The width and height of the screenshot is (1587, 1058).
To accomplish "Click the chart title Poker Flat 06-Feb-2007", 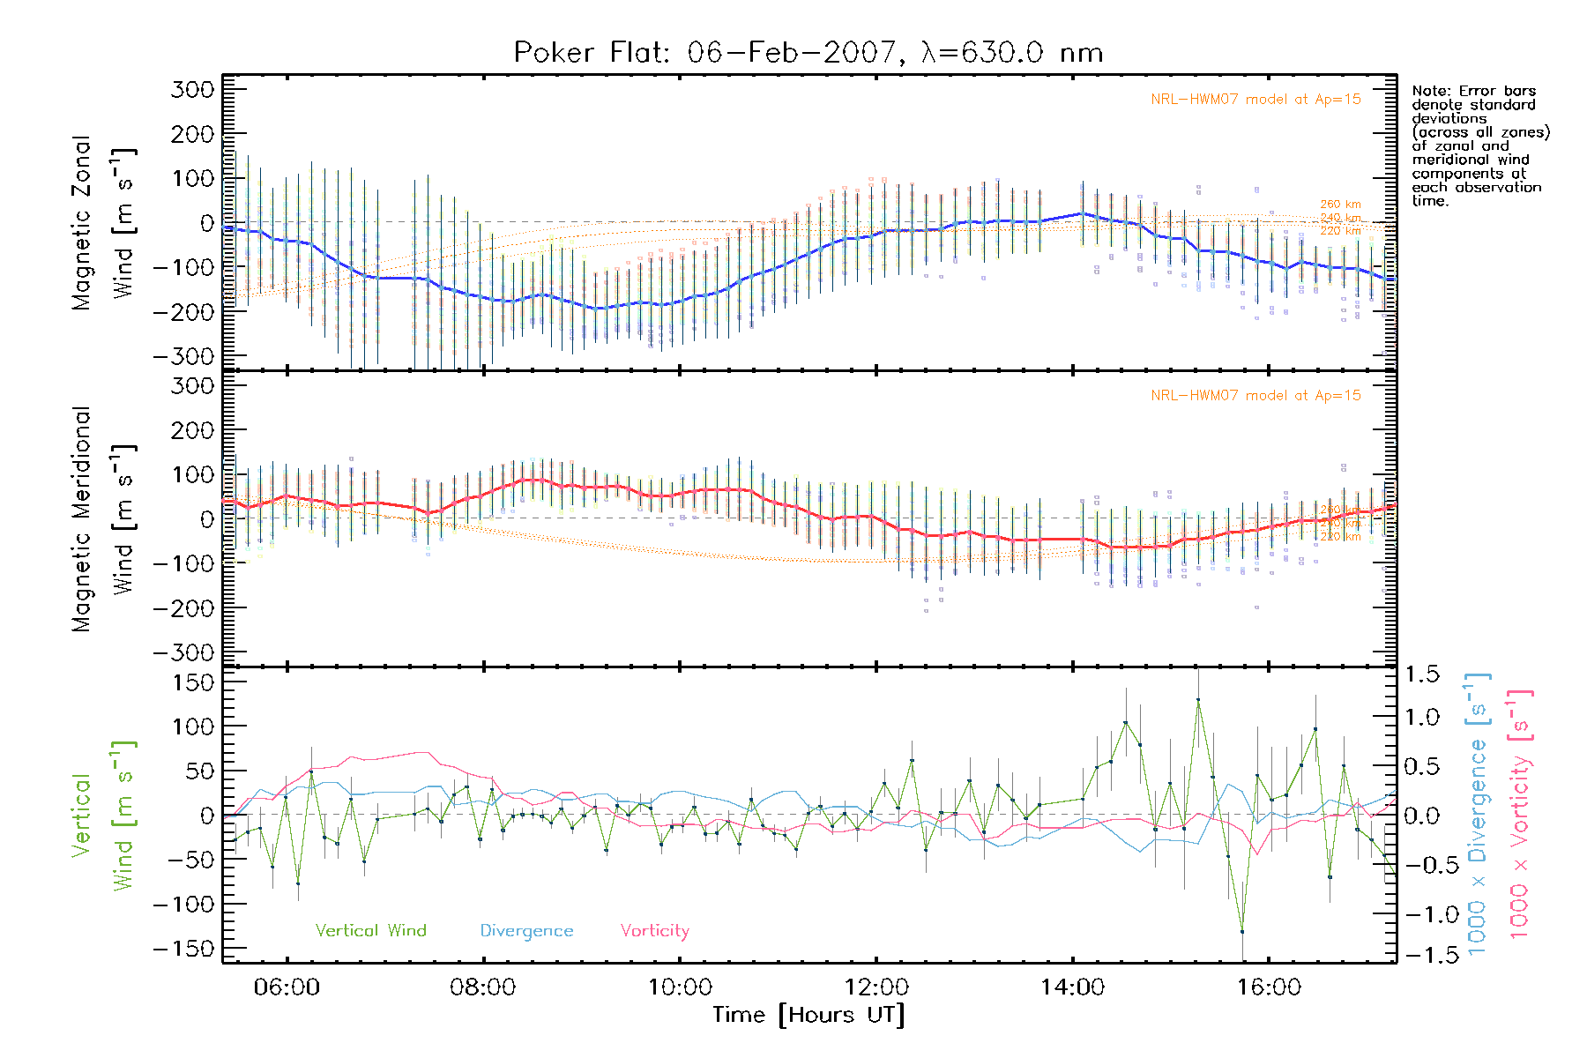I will tap(808, 53).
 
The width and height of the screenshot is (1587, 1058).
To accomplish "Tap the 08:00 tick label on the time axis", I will tap(483, 987).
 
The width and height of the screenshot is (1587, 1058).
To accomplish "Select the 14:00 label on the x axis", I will tap(1072, 987).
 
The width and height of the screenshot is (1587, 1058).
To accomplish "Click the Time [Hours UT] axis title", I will tap(808, 1015).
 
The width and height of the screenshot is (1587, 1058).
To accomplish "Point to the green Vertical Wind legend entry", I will tap(370, 931).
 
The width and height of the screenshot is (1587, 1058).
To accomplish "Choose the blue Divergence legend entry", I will tap(526, 931).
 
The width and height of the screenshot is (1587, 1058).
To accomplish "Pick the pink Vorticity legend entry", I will tap(654, 931).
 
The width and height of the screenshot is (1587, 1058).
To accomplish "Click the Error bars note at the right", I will tap(1479, 145).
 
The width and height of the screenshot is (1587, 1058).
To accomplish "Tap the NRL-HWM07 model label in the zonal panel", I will tap(1255, 100).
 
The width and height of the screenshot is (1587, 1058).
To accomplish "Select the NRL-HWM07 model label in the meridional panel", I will tap(1255, 396).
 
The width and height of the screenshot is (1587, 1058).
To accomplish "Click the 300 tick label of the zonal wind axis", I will tap(193, 89).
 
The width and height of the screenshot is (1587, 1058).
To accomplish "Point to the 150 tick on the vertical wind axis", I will tap(193, 682).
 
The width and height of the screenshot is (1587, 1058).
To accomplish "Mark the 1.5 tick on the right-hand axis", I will tap(1422, 674).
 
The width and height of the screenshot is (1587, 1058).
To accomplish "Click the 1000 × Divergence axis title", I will tap(1478, 813).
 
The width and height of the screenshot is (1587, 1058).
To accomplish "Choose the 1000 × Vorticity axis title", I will tap(1520, 813).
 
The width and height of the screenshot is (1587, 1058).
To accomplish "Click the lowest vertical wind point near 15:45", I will tap(1242, 931).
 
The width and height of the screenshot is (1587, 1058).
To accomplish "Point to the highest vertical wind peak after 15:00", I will tap(1198, 699).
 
